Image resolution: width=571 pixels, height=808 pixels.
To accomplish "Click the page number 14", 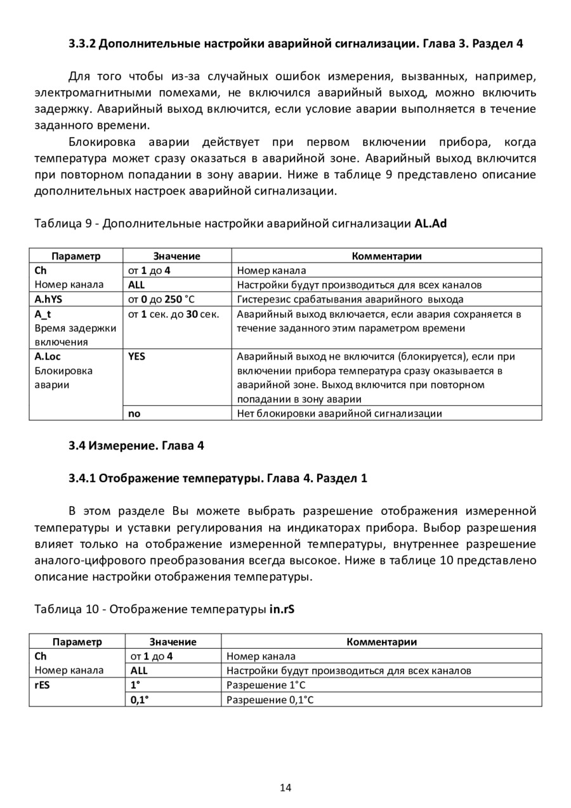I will coord(285,788).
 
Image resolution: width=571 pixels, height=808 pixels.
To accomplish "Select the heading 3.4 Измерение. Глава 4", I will coord(136,445).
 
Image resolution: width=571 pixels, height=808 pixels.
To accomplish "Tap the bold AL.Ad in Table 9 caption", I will coord(431,223).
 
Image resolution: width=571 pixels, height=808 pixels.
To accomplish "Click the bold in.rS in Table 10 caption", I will coord(282,609).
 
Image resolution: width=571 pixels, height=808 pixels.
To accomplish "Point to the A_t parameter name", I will coord(43,313).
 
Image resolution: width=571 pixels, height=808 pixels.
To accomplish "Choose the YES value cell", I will coord(136,356).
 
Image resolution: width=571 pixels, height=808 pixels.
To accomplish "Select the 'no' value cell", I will coord(135,414).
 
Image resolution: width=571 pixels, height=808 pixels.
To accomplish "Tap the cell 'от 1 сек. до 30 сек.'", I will coord(174,313).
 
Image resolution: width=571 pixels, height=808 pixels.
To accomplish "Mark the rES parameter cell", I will coord(42,685).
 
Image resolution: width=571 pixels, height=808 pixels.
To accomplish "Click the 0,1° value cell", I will coord(140,700).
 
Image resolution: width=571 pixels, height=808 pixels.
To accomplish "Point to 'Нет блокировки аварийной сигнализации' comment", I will coord(339,414).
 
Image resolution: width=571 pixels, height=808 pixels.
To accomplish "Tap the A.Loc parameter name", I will coord(48,356).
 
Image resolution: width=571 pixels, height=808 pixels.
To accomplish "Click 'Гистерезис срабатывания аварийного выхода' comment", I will coord(350,299).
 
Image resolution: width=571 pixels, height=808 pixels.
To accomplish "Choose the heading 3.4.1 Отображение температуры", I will coord(218,478).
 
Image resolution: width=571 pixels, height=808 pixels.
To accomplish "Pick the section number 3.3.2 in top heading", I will coord(82,44).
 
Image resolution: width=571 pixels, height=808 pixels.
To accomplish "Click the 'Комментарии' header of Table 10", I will coord(381,641).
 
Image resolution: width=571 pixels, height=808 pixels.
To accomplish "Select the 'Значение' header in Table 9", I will coord(176,256).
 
